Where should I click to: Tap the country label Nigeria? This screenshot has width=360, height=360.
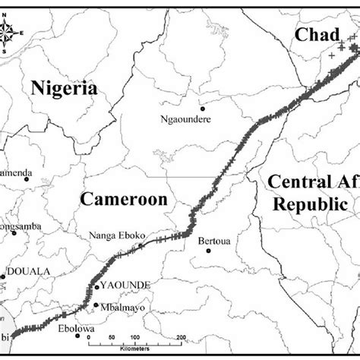point(65,88)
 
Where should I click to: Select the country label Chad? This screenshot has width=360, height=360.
point(311,33)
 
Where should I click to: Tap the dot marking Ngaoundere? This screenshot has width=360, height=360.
point(201,108)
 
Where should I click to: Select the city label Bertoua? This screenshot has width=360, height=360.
point(213,243)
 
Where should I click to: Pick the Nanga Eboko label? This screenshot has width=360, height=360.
point(118,236)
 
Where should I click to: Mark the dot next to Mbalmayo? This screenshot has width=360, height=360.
point(96,305)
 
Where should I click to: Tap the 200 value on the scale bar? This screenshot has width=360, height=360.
point(180,337)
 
